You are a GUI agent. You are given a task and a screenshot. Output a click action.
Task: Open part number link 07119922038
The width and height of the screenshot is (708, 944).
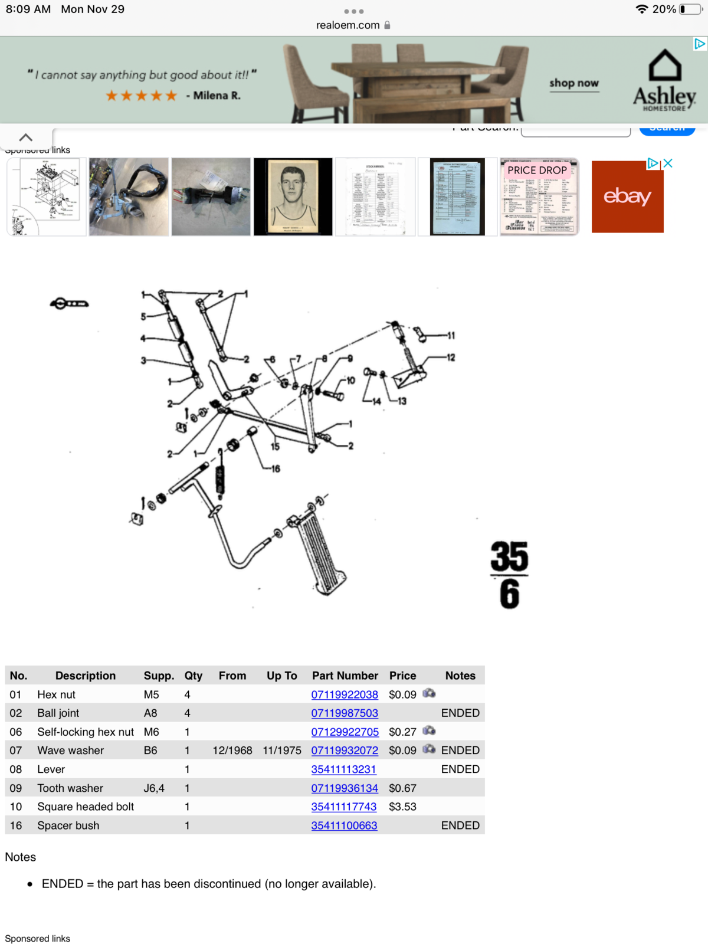[345, 694]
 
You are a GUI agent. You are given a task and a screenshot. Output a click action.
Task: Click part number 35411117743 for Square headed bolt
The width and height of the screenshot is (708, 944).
[343, 807]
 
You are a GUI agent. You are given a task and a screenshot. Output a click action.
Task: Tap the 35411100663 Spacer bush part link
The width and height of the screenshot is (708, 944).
[344, 825]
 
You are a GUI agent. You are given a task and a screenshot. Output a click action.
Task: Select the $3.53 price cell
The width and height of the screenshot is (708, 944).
[402, 807]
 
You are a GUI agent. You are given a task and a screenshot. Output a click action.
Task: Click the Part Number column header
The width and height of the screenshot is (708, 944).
[345, 676]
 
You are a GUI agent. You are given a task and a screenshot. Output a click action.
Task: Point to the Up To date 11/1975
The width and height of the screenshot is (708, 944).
[282, 750]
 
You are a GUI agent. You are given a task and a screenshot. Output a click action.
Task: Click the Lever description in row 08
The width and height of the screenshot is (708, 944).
[51, 769]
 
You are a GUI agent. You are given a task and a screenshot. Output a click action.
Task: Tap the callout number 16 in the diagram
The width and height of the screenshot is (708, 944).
[276, 469]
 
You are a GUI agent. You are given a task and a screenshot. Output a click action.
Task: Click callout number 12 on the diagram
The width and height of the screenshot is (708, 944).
[451, 358]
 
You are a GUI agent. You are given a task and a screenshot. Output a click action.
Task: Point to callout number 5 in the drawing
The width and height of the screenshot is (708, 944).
[143, 317]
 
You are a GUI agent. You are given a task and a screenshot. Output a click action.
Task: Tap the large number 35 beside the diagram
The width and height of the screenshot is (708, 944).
[509, 556]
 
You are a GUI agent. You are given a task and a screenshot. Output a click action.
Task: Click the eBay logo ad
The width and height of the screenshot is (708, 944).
[627, 196]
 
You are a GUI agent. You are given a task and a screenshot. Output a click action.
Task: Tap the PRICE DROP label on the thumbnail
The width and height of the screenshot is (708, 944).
[537, 170]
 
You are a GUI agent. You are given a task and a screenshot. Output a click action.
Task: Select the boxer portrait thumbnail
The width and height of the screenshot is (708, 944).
[293, 196]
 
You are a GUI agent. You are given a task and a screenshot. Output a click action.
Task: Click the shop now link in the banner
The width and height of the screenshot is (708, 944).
[574, 83]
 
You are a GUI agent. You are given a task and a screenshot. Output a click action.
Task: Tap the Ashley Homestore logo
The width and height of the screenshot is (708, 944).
[665, 81]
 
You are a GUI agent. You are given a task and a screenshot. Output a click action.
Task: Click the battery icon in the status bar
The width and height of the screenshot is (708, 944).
[690, 9]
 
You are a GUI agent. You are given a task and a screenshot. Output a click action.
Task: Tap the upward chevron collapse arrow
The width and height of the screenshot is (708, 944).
[26, 137]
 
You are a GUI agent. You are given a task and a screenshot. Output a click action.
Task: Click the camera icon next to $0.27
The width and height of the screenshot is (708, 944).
[429, 731]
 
